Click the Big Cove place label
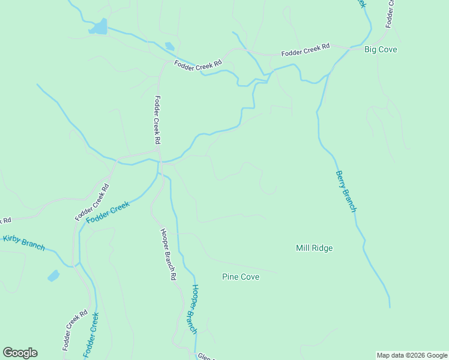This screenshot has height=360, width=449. tap(381, 50)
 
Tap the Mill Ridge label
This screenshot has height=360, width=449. tap(314, 248)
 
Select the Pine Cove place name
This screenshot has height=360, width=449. tap(240, 277)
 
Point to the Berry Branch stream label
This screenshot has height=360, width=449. tap(346, 191)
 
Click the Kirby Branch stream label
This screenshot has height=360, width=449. tap(24, 242)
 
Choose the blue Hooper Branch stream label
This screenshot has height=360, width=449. tap(190, 310)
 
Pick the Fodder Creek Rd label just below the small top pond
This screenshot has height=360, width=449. tap(198, 64)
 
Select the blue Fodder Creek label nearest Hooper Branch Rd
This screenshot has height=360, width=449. tap(108, 213)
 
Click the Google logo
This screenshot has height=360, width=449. tap(20, 353)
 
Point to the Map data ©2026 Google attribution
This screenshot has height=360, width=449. tap(412, 355)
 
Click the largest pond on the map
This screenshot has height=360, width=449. tap(98, 27)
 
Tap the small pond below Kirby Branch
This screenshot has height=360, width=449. tap(53, 275)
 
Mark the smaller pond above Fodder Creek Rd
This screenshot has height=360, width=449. tap(170, 46)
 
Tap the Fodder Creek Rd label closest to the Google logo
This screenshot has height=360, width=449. tap(75, 330)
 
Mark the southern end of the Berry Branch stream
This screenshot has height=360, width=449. tap(389, 307)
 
